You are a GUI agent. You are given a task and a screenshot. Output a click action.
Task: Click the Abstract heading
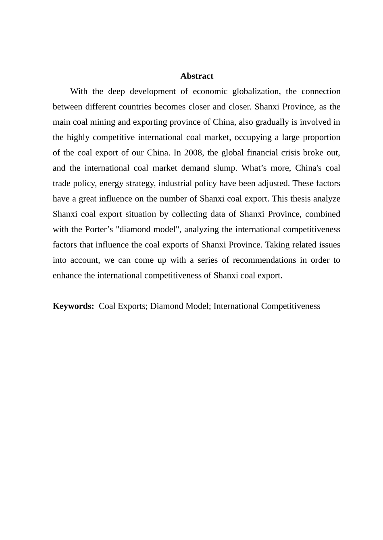[197, 76]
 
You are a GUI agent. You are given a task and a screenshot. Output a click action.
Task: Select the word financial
[262, 153]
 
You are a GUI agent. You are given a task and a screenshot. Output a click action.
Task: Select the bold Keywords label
[73, 306]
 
